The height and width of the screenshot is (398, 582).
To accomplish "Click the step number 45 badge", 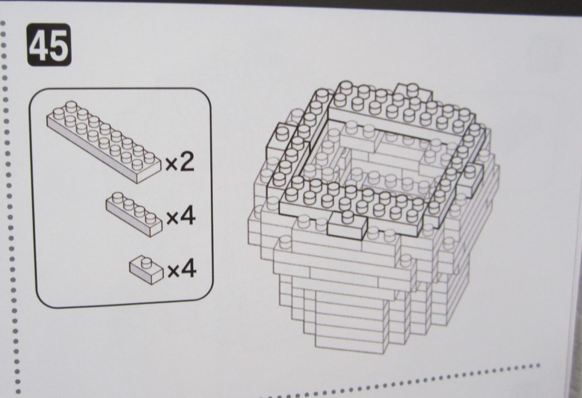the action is point(49,44).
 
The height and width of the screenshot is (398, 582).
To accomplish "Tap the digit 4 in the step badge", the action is point(39,45).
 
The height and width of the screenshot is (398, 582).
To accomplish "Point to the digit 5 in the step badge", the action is point(59,45).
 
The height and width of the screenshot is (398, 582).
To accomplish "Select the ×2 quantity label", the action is point(180,162).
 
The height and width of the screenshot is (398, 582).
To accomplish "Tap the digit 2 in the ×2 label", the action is point(186,162).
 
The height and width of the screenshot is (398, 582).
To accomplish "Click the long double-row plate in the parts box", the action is point(105,141).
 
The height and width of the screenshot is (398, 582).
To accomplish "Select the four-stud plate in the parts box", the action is point(134,213).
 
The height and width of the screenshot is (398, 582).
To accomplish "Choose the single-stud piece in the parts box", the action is point(146,270).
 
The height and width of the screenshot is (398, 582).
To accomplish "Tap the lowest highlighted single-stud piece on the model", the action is point(347,224).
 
